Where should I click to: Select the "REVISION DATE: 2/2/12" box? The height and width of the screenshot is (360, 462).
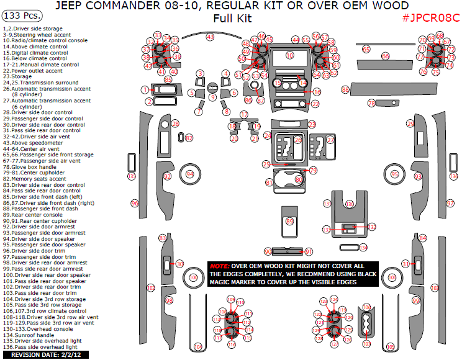tap(45, 354)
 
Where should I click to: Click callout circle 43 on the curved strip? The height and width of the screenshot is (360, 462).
tap(210, 38)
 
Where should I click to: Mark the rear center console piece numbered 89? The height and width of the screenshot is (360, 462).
tap(289, 221)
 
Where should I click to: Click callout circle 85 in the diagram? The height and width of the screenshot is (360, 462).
tap(168, 79)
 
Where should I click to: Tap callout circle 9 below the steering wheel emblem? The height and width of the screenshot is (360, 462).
tap(212, 97)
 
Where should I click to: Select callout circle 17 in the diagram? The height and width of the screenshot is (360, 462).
tap(244, 115)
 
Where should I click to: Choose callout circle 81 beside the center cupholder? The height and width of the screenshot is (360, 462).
tap(269, 182)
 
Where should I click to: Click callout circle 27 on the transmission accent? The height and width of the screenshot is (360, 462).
tap(330, 140)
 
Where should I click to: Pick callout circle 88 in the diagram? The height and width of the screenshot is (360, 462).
tap(345, 91)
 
